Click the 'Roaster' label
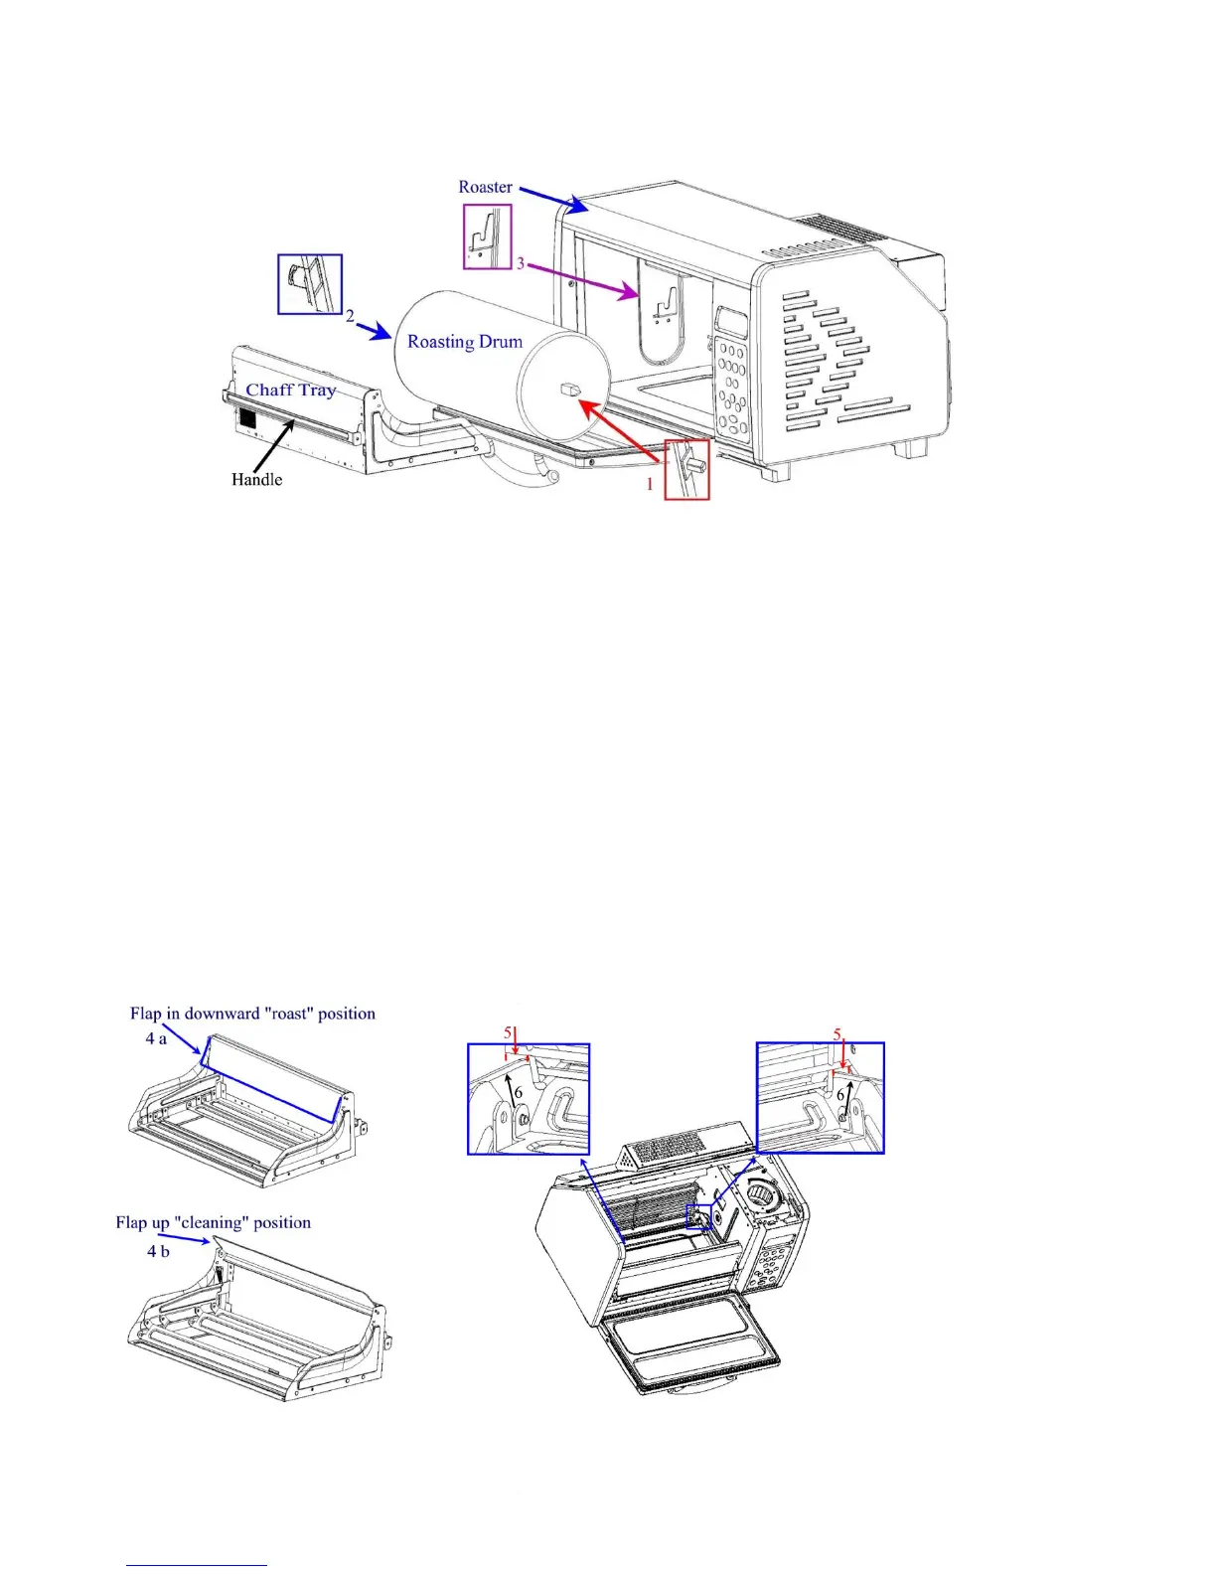pos(485,187)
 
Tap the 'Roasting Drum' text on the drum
pos(465,342)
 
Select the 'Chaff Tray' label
pos(291,391)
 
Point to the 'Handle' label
pos(256,480)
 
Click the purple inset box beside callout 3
pos(488,236)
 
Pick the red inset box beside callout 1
pos(686,469)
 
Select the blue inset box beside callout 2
pos(309,284)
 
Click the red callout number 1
pos(651,484)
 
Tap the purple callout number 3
pos(520,264)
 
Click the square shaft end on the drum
pos(573,391)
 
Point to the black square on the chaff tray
pos(247,419)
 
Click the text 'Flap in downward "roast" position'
pos(252,1014)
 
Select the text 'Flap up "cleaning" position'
pos(213,1222)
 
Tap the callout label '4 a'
pos(156,1038)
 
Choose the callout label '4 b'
pos(158,1251)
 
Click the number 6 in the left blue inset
pos(519,1093)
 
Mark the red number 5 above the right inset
pos(836,1034)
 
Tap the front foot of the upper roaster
pos(770,473)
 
